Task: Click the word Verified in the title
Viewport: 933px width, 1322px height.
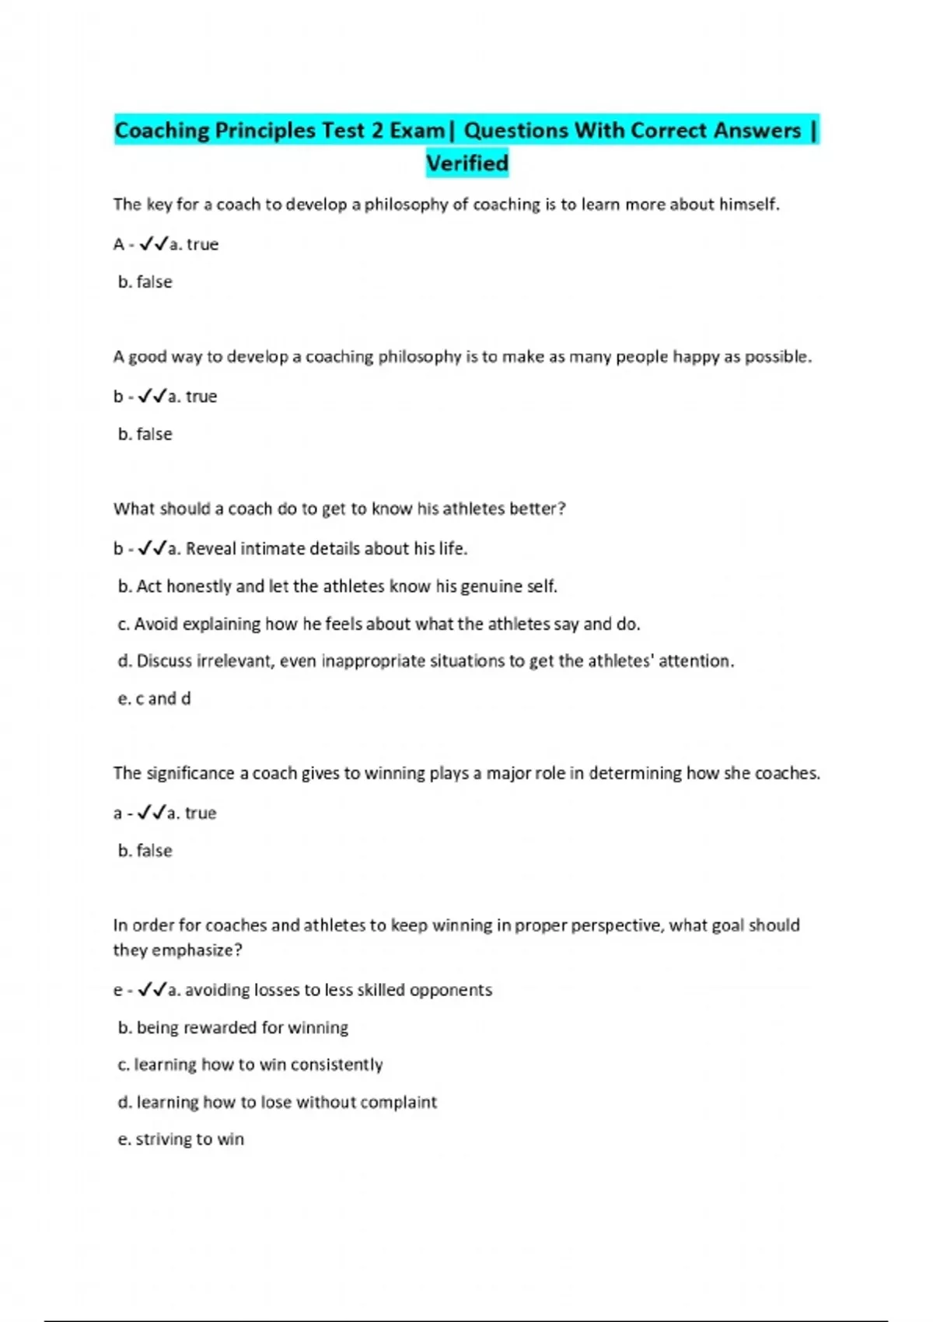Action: tap(467, 163)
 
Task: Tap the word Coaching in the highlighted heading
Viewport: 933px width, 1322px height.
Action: tap(162, 131)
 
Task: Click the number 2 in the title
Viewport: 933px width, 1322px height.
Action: tap(377, 131)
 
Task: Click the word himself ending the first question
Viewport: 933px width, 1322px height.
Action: tap(749, 205)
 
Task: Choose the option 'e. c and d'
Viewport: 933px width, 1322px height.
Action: tap(154, 699)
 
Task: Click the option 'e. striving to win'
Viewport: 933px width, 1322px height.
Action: tap(180, 1139)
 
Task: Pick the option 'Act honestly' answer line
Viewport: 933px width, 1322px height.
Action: tap(337, 586)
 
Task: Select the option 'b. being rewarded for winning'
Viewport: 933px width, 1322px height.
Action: tap(232, 1028)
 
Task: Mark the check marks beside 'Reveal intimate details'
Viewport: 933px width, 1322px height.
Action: tap(152, 549)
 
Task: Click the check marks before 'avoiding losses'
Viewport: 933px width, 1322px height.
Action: tap(152, 991)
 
